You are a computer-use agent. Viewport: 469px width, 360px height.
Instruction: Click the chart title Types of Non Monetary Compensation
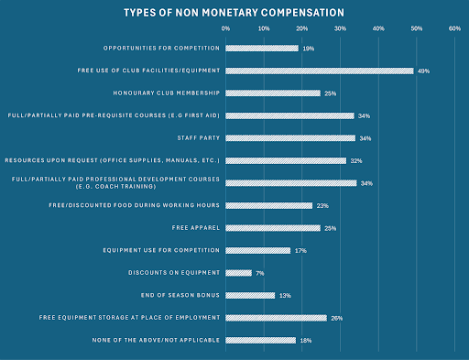pos(234,14)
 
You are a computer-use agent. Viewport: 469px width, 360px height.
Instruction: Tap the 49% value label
pos(424,71)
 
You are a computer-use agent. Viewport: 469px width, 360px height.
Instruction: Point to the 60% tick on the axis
pos(455,29)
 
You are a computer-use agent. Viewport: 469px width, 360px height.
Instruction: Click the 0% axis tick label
pos(225,29)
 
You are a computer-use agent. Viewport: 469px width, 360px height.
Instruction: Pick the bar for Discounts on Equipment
pos(238,273)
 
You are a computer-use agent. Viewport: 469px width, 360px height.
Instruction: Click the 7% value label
pos(260,273)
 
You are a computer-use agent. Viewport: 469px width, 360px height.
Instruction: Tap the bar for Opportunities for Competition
pos(261,48)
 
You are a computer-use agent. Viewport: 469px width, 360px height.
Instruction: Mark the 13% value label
pos(284,295)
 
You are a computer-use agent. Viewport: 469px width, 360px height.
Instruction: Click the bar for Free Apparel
pos(272,228)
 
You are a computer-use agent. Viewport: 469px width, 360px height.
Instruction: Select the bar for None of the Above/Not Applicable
pos(260,341)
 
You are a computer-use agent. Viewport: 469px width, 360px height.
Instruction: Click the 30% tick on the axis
pos(340,29)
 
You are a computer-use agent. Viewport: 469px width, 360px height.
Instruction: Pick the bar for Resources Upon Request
pos(286,160)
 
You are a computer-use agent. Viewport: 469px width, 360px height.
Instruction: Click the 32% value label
pos(356,160)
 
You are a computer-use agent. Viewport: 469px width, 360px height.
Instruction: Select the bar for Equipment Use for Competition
pos(257,250)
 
